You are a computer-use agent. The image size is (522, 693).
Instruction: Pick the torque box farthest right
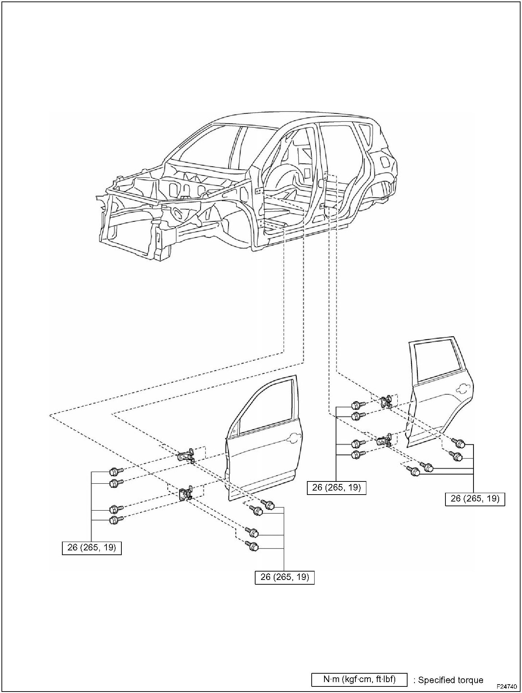(x=475, y=499)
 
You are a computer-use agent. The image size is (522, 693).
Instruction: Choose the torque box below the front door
(x=284, y=577)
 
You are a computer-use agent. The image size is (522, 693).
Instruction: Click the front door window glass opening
(x=266, y=405)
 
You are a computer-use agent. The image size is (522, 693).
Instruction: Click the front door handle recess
(x=294, y=437)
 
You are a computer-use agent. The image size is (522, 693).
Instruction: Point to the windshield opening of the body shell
(x=208, y=146)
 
